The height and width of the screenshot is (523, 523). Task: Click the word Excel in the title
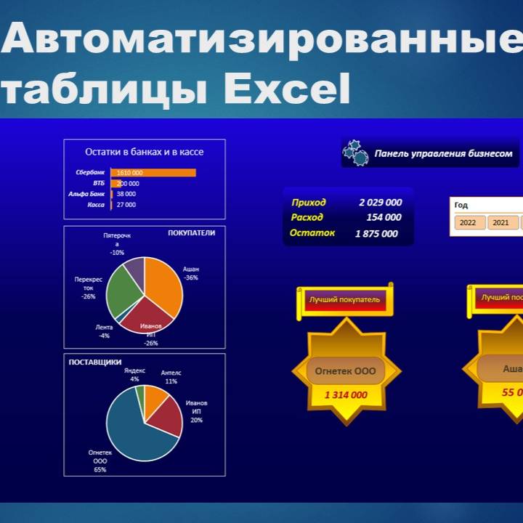pos(286,90)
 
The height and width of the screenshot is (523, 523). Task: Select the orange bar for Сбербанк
pos(153,173)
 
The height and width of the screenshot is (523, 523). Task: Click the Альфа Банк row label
pos(86,194)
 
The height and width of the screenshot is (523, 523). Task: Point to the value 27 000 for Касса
pos(126,205)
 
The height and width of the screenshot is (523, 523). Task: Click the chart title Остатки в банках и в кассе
pos(144,152)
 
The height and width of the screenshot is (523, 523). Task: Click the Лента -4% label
pos(104,331)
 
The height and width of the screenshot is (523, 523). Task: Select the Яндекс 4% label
pos(134,375)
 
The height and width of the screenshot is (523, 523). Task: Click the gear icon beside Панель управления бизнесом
pos(356,153)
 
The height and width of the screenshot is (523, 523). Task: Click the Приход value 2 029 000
pos(380,203)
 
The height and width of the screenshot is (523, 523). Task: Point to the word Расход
pos(307,217)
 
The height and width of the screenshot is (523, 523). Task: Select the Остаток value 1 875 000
pos(376,234)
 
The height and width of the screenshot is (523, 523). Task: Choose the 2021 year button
pos(500,223)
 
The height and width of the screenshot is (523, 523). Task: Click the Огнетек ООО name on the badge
pos(345,371)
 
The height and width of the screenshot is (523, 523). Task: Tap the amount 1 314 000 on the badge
pos(345,395)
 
